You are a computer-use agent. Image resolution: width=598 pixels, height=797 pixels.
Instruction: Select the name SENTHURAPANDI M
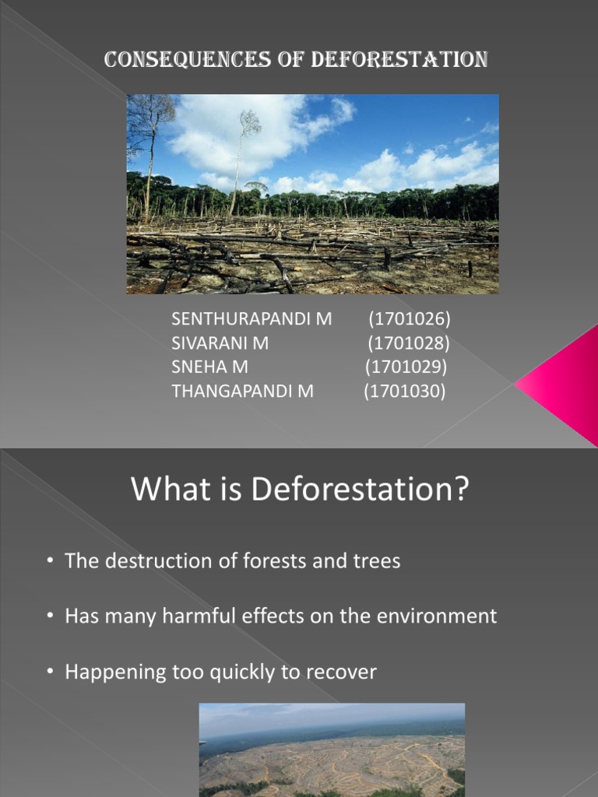pos(251,319)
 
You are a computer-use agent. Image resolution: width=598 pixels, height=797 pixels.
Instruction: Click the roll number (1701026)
pos(410,319)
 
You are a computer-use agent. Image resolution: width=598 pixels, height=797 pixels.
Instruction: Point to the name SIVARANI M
pos(220,343)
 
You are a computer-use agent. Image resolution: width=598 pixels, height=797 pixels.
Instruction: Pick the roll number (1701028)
pos(408,343)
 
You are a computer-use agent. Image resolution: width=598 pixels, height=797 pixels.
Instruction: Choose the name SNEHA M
pos(209,367)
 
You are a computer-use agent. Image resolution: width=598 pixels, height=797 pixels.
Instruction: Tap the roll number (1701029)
pos(406,367)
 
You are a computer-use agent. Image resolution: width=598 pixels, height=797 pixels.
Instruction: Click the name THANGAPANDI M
pos(242,391)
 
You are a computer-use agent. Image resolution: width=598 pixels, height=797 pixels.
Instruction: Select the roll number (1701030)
pos(405,391)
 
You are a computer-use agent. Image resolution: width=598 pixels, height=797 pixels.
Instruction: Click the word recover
pos(343,672)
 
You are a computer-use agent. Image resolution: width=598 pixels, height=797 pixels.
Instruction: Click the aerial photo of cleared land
pos(332,749)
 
